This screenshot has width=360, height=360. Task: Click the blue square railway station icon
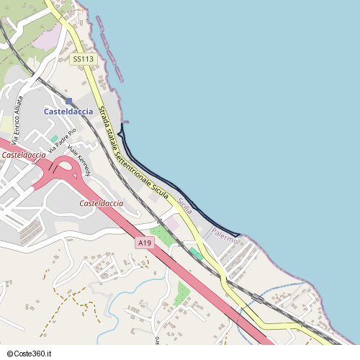tap(68, 102)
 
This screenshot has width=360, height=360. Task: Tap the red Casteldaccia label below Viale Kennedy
tap(101, 204)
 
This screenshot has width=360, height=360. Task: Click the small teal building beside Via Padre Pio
tap(54, 138)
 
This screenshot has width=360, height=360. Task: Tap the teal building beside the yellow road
tap(196, 253)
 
